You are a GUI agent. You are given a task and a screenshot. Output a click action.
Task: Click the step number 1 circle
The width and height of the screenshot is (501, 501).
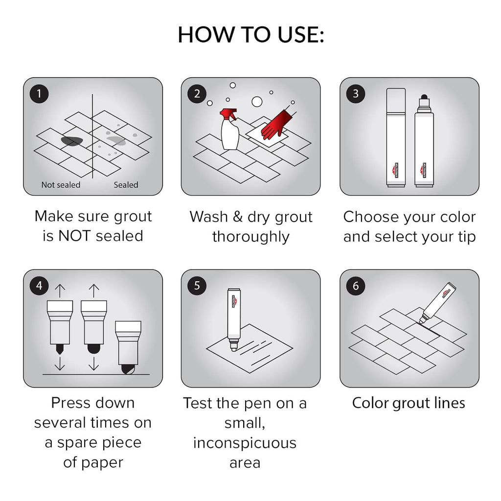pyautogui.click(x=39, y=93)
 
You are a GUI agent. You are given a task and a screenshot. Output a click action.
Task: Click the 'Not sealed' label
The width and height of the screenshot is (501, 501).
pyautogui.click(x=61, y=185)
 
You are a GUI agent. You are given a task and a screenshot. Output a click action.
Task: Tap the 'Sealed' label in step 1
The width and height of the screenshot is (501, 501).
pyautogui.click(x=126, y=185)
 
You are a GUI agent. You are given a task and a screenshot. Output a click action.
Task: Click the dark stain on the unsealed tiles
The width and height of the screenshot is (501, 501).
pyautogui.click(x=71, y=141)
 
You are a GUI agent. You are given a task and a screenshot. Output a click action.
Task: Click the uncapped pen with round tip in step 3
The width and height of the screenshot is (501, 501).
pyautogui.click(x=424, y=142)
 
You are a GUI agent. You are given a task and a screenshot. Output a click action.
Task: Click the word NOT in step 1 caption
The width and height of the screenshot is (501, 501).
pyautogui.click(x=74, y=236)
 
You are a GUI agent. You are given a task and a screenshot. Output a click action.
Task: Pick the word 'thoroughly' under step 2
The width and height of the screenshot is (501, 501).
pyautogui.click(x=250, y=237)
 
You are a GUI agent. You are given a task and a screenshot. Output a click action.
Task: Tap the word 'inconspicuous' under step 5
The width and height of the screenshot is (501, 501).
pyautogui.click(x=245, y=443)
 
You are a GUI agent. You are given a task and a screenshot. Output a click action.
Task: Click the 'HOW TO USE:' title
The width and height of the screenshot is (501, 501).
pyautogui.click(x=250, y=35)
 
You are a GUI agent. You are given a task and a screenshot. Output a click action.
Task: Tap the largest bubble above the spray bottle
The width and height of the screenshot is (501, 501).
pyautogui.click(x=257, y=102)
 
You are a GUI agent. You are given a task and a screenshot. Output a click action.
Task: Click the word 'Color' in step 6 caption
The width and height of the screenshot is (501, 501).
pyautogui.click(x=370, y=403)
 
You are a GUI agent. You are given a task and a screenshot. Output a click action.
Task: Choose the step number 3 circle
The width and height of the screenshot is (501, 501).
pyautogui.click(x=356, y=93)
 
